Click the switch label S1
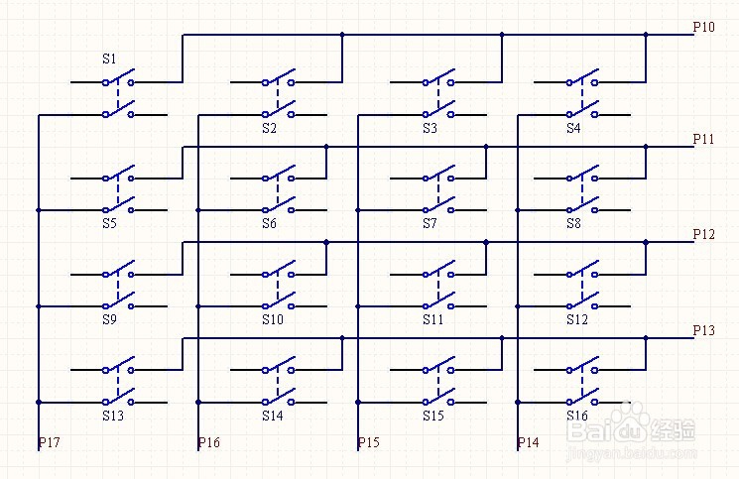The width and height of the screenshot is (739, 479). coord(109,60)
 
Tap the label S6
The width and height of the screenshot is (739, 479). coord(270,224)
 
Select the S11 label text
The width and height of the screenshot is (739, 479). coord(432,320)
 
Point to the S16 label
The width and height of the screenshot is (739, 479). coord(576,417)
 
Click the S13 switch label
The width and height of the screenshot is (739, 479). coord(112,417)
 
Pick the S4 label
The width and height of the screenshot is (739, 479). coord(573,129)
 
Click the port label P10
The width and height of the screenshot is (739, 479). coord(703,28)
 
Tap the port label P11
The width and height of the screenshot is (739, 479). coord(703,140)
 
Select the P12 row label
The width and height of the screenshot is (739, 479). coord(703,235)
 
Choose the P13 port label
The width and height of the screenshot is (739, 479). coord(703,330)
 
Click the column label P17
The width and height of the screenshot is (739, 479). coord(50,442)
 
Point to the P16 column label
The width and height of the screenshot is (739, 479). coord(208,442)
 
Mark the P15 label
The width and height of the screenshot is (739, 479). coord(368,442)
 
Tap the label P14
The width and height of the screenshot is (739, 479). coord(528,442)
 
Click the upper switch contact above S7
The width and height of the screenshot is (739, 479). coord(437,177)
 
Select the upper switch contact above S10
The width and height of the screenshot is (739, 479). coord(278,272)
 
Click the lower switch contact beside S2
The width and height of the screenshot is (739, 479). coord(278,112)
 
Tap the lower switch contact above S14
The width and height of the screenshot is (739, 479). coord(278,399)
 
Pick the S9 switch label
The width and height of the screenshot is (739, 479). coord(109,320)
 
